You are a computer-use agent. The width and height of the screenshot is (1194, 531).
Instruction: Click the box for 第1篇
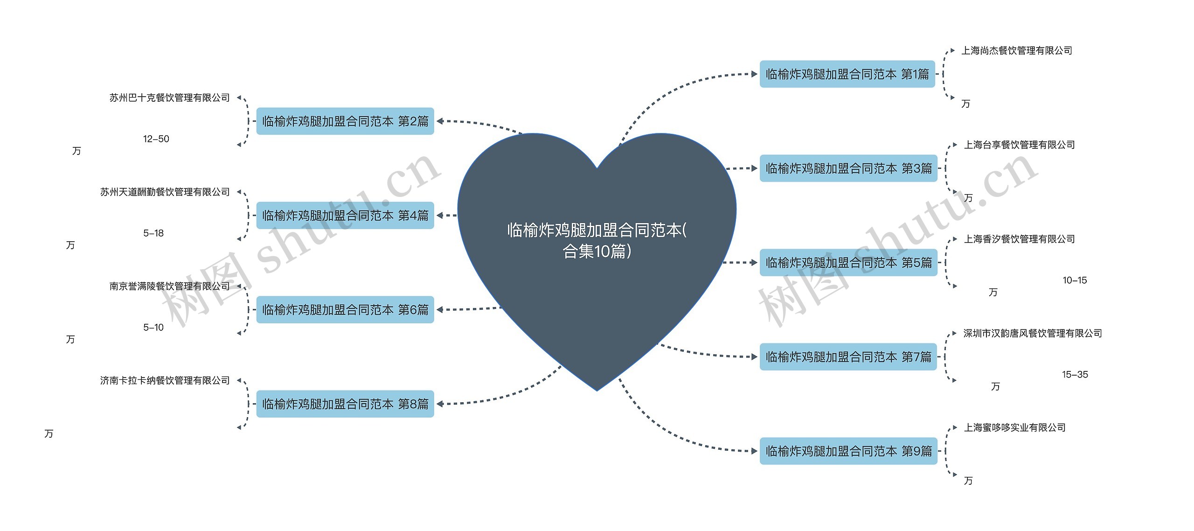[x=847, y=74]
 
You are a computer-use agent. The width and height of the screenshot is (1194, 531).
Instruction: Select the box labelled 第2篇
[x=345, y=121]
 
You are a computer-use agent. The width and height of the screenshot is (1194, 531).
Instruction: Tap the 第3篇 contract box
[x=848, y=168]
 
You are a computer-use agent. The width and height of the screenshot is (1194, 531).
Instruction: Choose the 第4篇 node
[x=345, y=216]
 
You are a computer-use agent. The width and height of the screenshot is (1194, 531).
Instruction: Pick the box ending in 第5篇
[x=848, y=263]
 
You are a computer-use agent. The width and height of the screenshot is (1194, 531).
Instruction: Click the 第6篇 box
[x=345, y=310]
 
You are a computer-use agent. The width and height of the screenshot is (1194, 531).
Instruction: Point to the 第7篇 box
[x=848, y=357]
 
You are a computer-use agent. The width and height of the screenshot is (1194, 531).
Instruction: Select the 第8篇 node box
[x=345, y=404]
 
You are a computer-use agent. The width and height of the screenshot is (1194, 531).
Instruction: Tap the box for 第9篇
[x=848, y=451]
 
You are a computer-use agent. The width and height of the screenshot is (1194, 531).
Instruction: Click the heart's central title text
[x=597, y=241]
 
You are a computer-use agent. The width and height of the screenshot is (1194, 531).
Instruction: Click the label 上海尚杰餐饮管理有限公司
[x=1017, y=51]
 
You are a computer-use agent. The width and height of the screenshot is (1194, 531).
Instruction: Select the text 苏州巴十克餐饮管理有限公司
[x=170, y=98]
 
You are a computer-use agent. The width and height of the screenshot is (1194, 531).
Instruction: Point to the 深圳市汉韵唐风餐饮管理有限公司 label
[x=1033, y=334]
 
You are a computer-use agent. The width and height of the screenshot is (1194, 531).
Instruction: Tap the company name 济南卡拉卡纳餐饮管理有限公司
[x=165, y=381]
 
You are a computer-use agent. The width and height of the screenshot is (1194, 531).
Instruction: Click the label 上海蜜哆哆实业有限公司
[x=1015, y=428]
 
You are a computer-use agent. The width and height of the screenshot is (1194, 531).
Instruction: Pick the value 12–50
[x=156, y=139]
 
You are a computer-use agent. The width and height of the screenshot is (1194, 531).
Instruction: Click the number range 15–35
[x=1075, y=375]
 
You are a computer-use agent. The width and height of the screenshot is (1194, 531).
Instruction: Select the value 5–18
[x=153, y=233]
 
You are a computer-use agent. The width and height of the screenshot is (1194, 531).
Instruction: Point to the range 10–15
[x=1075, y=280]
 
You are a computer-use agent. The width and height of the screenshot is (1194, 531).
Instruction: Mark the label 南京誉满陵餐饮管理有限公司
[x=170, y=286]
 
